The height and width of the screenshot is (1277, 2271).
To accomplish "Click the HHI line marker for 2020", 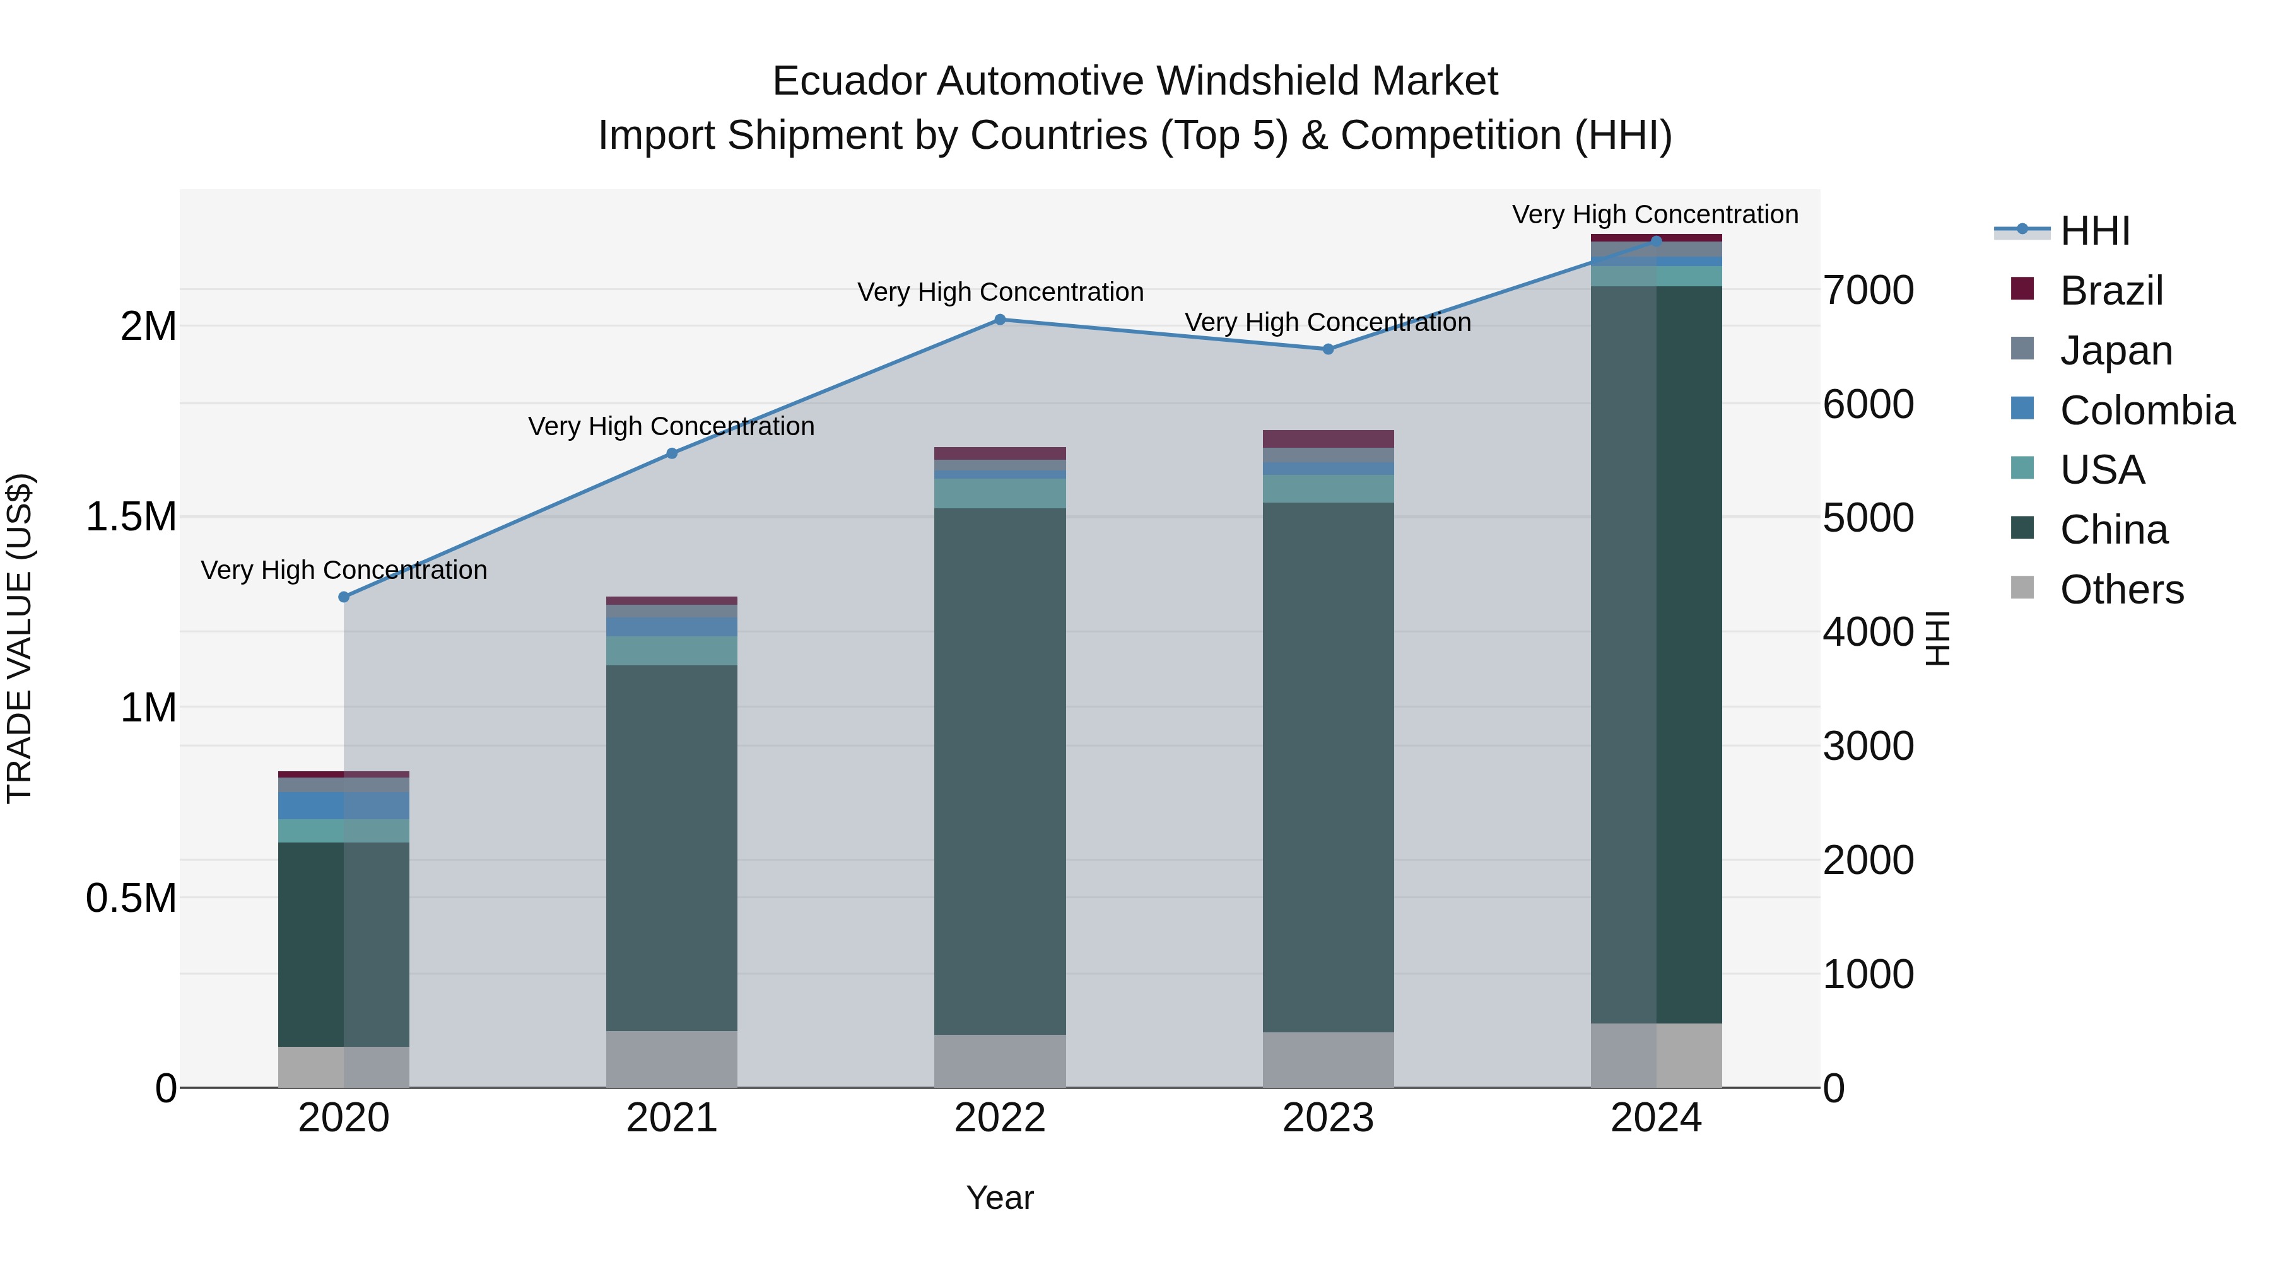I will coord(344,597).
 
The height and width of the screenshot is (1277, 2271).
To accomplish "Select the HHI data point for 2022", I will coord(1000,320).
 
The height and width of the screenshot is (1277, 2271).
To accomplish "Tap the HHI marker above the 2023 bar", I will coord(1328,349).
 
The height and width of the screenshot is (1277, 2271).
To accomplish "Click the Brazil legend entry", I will coord(2111,291).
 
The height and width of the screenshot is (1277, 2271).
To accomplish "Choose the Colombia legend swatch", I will coord(2022,409).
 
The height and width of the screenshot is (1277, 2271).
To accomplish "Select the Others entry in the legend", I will coord(2121,590).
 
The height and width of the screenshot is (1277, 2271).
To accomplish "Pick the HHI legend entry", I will coord(2094,231).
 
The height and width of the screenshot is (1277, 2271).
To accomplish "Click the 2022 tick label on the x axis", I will coord(1000,1118).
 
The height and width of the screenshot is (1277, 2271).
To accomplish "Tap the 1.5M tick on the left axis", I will coord(131,516).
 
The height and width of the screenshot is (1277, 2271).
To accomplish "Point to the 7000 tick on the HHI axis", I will coord(1868,291).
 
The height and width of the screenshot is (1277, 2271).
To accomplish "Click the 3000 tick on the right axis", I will coord(1868,747).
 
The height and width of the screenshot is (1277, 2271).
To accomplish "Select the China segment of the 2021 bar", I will coord(672,846).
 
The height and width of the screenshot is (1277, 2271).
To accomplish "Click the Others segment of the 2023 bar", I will coord(1328,1059).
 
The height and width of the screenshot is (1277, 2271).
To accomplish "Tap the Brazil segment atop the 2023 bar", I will coord(1328,439).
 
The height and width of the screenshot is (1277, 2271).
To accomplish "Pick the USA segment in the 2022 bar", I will coord(1000,494).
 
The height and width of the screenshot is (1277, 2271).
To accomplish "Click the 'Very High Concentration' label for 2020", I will coord(344,570).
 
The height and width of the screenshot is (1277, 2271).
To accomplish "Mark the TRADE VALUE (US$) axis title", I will coord(20,638).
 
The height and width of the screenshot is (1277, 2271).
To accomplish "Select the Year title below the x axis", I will coord(1000,1198).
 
